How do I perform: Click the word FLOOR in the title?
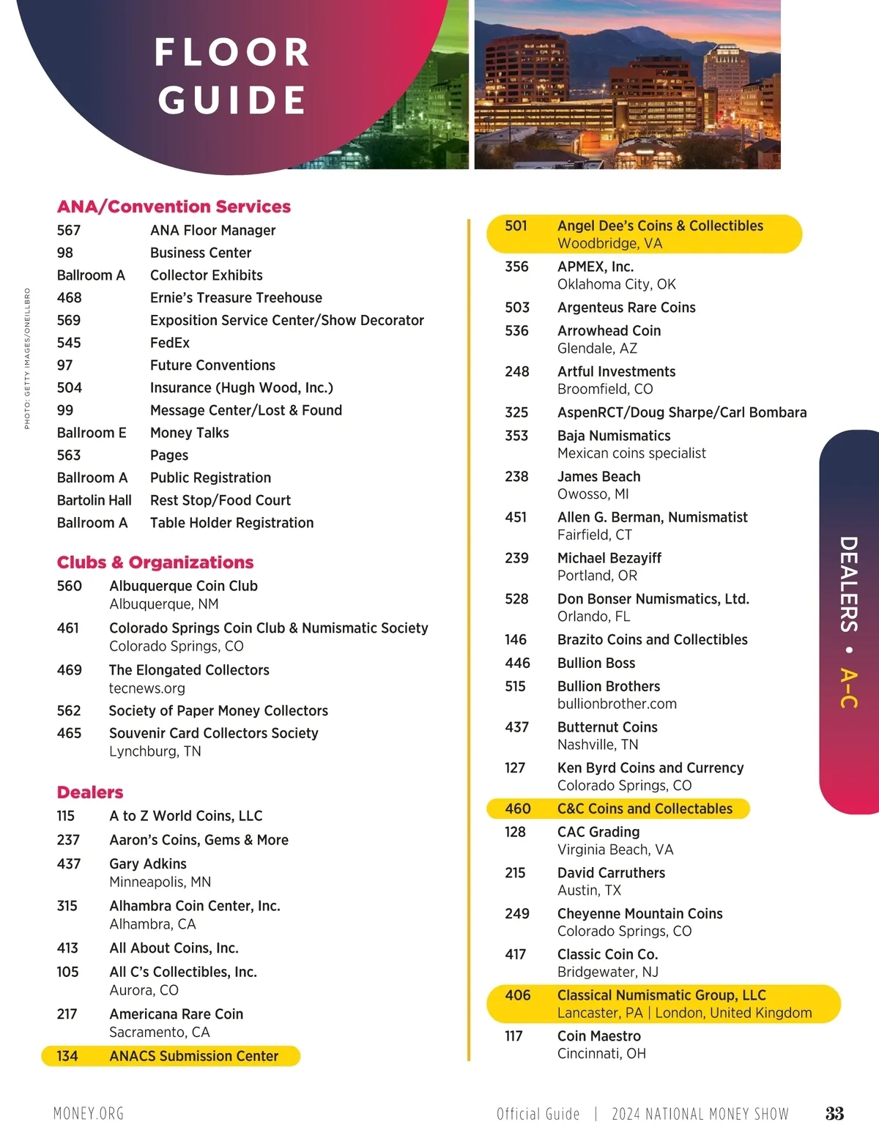click(232, 53)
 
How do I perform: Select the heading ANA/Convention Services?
click(174, 207)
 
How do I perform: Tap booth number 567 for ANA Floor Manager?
click(69, 230)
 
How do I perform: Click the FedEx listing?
click(170, 343)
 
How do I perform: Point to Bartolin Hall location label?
click(94, 500)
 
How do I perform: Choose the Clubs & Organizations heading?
click(155, 562)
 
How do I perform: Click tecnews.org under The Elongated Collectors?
click(146, 688)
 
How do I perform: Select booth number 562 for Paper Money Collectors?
click(69, 710)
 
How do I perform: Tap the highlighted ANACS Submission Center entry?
click(193, 1056)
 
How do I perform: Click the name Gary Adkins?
click(148, 864)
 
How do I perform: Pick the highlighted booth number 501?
click(516, 226)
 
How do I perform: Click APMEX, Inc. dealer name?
click(596, 267)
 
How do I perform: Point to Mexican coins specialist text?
click(631, 453)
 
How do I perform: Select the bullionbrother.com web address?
click(617, 704)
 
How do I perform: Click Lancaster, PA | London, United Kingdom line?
click(684, 1013)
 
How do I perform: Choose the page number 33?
click(834, 1114)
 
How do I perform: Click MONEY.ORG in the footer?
click(89, 1114)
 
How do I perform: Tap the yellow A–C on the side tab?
click(848, 688)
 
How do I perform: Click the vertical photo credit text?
click(27, 358)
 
